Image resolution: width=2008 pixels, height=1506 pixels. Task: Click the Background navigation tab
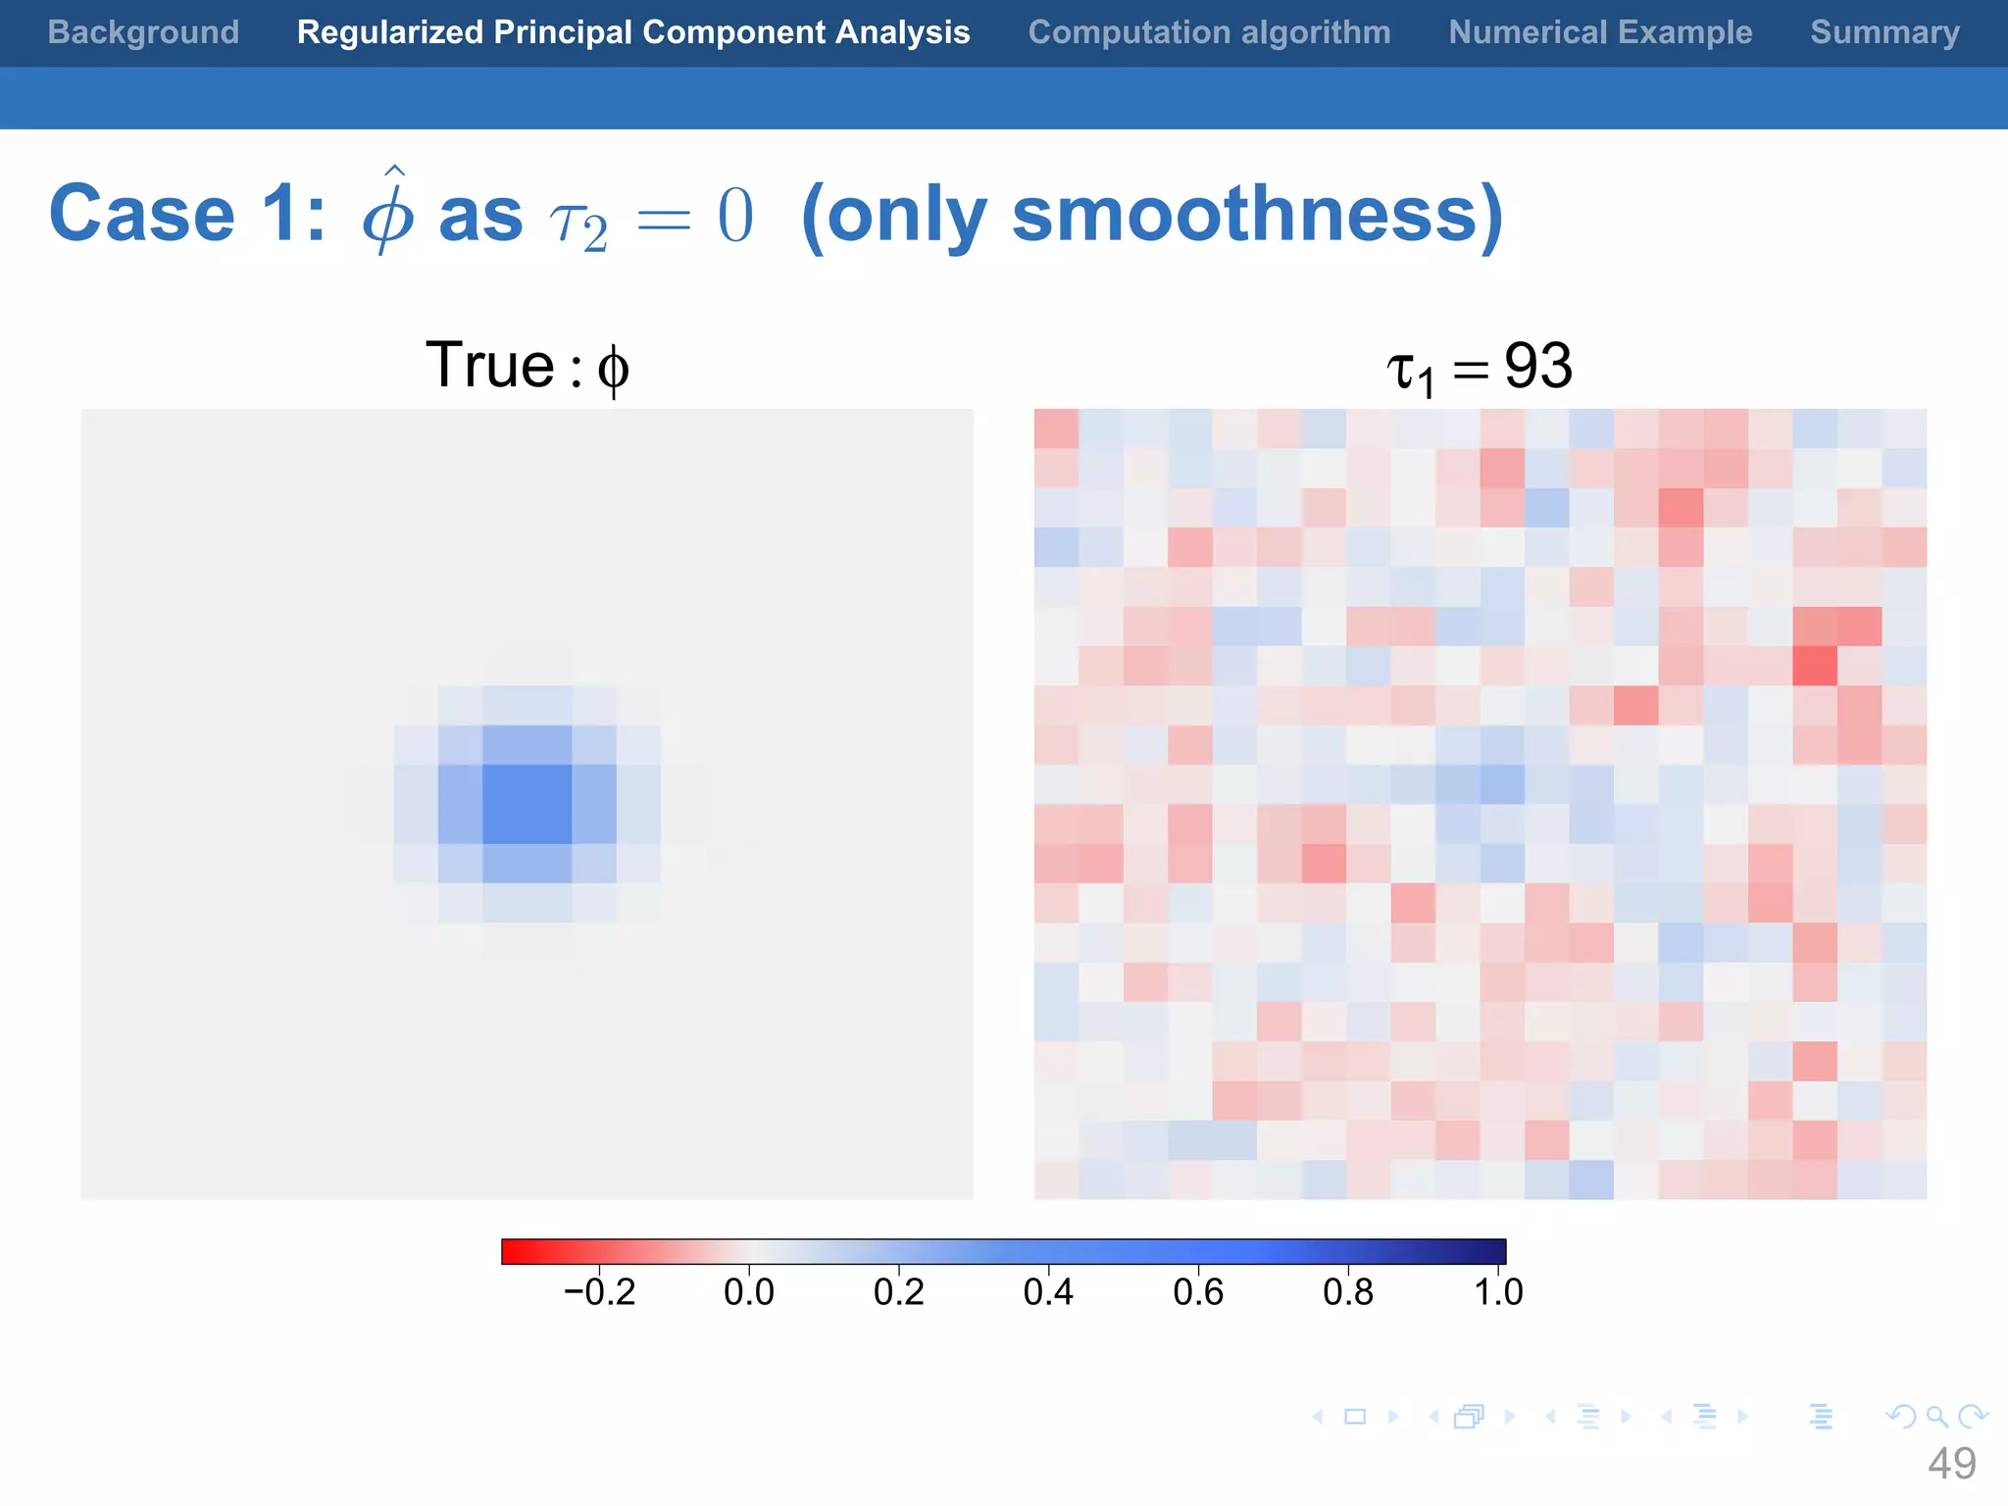pyautogui.click(x=143, y=32)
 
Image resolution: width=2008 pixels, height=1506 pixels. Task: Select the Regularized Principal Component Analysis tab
pyautogui.click(x=633, y=32)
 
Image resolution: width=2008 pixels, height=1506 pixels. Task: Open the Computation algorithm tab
pyautogui.click(x=1209, y=32)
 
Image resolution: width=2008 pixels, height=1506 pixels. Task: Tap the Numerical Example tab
pyautogui.click(x=1600, y=32)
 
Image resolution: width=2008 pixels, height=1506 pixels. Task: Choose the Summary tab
pyautogui.click(x=1884, y=32)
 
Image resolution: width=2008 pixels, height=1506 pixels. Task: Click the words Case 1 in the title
pyautogui.click(x=186, y=214)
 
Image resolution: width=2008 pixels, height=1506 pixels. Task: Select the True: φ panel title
pyautogui.click(x=527, y=367)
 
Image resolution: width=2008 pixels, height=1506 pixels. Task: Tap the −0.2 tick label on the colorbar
pyautogui.click(x=599, y=1292)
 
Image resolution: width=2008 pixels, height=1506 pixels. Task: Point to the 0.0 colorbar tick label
pyautogui.click(x=749, y=1292)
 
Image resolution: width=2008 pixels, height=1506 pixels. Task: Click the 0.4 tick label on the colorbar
pyautogui.click(x=1048, y=1292)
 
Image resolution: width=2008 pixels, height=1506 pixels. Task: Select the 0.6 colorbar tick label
pyautogui.click(x=1198, y=1292)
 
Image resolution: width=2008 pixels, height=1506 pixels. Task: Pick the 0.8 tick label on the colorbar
pyautogui.click(x=1348, y=1292)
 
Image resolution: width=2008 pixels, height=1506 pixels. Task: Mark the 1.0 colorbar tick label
pyautogui.click(x=1498, y=1292)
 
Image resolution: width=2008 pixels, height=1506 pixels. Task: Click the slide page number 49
pyautogui.click(x=1951, y=1464)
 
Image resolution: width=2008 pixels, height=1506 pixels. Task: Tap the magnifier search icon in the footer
pyautogui.click(x=1936, y=1417)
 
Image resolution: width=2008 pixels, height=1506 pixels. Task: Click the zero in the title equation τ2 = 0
pyautogui.click(x=735, y=216)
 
